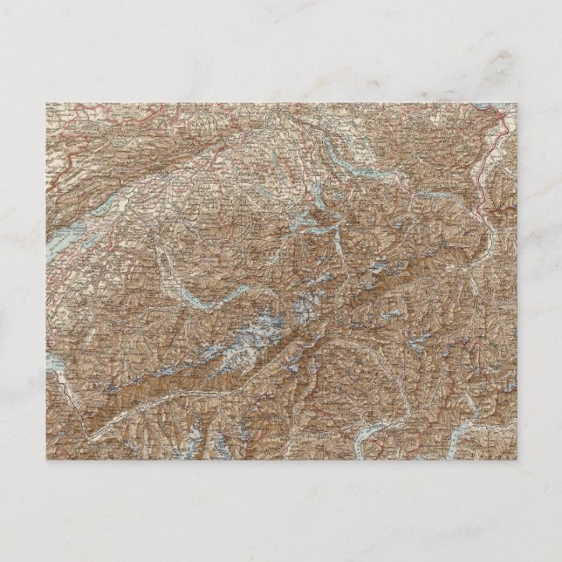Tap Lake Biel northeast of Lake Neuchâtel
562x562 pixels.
[110, 202]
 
